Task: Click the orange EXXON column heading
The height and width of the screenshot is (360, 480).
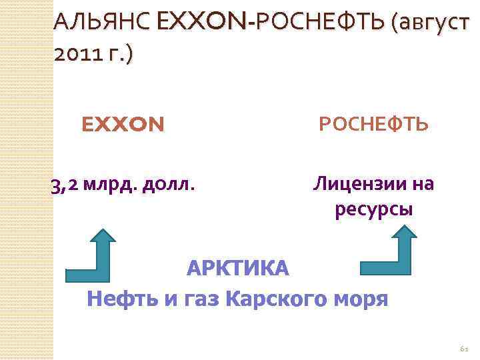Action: tap(122, 125)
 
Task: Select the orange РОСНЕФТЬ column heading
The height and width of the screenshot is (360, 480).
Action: tap(374, 125)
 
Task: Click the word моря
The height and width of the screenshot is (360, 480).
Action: tap(360, 299)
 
